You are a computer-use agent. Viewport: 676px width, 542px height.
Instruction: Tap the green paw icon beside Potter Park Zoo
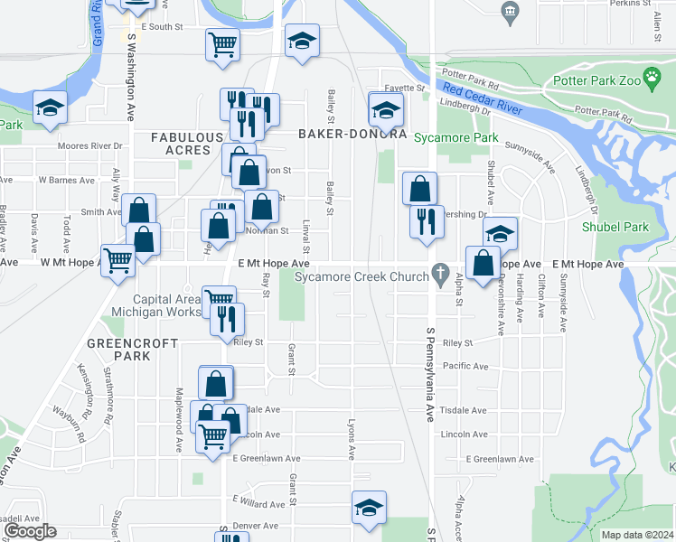pos(651,79)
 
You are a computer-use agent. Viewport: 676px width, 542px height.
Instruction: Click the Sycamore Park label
pos(456,137)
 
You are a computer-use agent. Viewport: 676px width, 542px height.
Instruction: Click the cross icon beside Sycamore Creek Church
pos(441,272)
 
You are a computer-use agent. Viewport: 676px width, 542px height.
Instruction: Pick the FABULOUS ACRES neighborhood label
pos(186,143)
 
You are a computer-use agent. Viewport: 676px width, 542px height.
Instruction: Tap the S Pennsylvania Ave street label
pos(431,379)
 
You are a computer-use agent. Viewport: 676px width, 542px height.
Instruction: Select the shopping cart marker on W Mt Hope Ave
pos(118,259)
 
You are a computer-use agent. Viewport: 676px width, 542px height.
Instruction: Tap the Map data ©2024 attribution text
pos(637,535)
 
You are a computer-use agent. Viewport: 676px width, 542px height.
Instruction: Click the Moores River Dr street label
pos(89,145)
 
